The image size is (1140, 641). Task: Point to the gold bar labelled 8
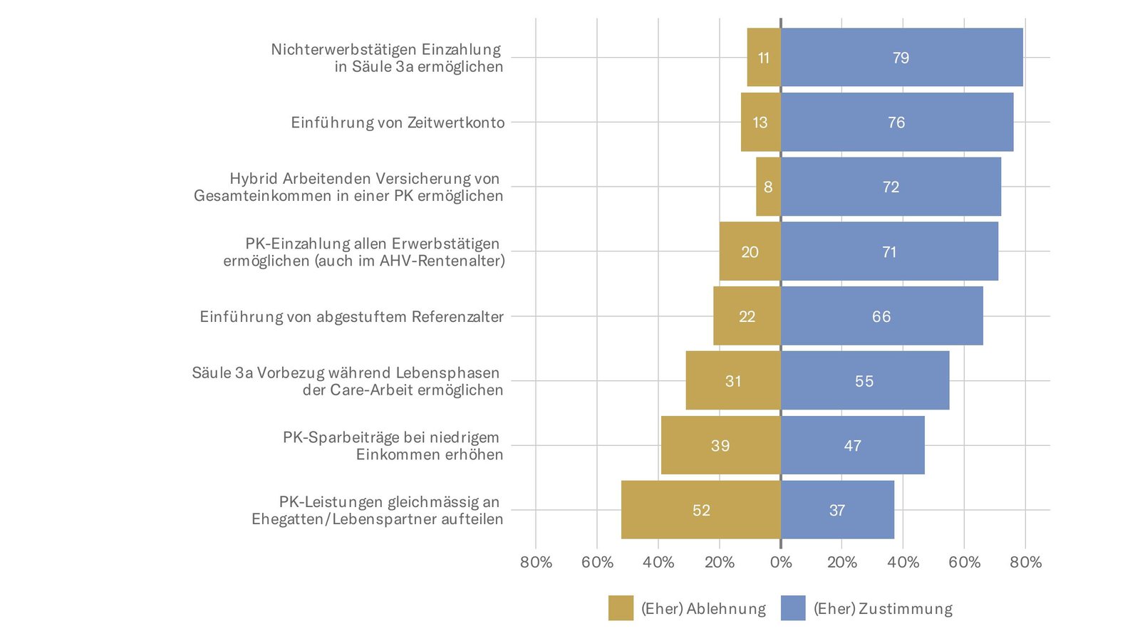coord(768,187)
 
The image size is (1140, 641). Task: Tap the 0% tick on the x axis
coord(781,563)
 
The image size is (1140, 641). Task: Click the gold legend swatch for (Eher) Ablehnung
coord(621,608)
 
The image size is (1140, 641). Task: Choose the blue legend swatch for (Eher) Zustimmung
coord(793,608)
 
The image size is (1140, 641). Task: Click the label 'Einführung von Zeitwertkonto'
coord(398,123)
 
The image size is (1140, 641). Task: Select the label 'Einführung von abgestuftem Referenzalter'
coord(351,317)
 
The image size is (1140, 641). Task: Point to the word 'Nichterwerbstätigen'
coord(343,49)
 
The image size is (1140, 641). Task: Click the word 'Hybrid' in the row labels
coord(253,179)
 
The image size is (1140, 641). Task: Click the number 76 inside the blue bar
coord(896,123)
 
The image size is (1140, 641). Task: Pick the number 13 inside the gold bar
coord(760,123)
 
